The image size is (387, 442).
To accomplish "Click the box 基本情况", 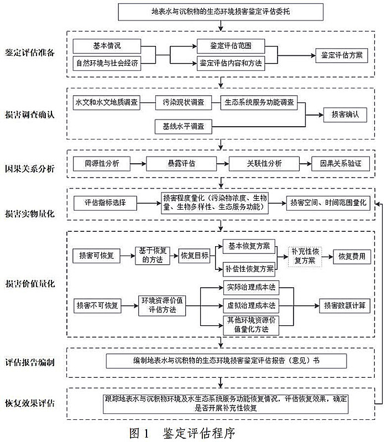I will [x=107, y=44].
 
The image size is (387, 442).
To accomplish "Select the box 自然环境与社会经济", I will [x=107, y=63].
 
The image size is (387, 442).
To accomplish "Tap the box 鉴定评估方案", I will [x=341, y=55].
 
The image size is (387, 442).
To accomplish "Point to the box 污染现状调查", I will [x=183, y=102].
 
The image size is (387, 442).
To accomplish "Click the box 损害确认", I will [x=345, y=115].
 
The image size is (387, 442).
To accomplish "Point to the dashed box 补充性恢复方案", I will [x=304, y=256].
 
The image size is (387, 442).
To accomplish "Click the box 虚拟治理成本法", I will [x=250, y=305].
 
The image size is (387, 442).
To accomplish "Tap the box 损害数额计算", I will [x=343, y=305].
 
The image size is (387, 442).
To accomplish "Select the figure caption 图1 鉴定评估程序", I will [x=182, y=432].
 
